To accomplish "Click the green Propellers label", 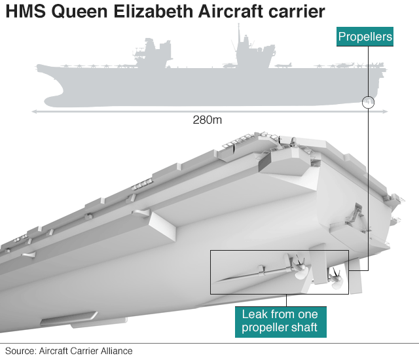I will tap(365, 37).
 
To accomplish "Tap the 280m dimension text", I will tap(208, 120).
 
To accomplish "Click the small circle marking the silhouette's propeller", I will tap(368, 101).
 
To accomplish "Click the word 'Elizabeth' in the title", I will tap(155, 12).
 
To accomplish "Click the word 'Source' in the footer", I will tap(20, 351).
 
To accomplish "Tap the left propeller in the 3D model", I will tap(300, 268).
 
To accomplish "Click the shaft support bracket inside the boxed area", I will tap(260, 268).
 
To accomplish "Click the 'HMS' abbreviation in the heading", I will tap(24, 12).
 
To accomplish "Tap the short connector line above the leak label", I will tap(281, 300).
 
